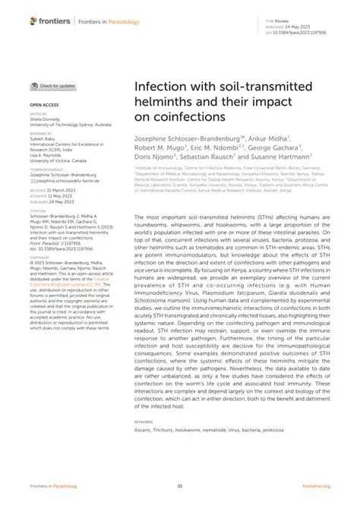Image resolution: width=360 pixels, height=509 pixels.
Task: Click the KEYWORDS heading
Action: pyautogui.click(x=143, y=420)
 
